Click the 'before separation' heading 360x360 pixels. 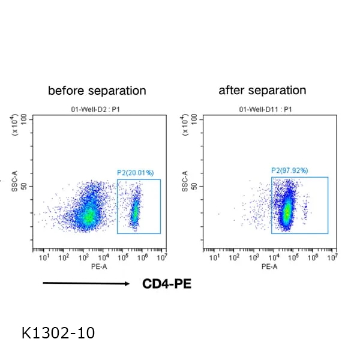(x=97, y=91)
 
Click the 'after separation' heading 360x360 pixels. (x=262, y=91)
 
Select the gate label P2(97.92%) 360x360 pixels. (x=290, y=171)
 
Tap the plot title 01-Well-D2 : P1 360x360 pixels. (x=97, y=109)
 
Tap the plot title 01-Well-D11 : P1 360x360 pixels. (x=265, y=109)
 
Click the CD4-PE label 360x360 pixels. (x=167, y=284)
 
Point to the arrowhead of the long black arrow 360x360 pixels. (x=127, y=284)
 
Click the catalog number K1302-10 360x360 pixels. (x=58, y=332)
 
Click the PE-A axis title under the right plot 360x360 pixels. (x=268, y=267)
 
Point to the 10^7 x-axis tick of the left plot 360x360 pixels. (x=161, y=258)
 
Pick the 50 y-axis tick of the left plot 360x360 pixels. (x=26, y=186)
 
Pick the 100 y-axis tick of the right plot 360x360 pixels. (x=193, y=119)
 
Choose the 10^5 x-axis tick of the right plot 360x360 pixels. (x=293, y=258)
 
